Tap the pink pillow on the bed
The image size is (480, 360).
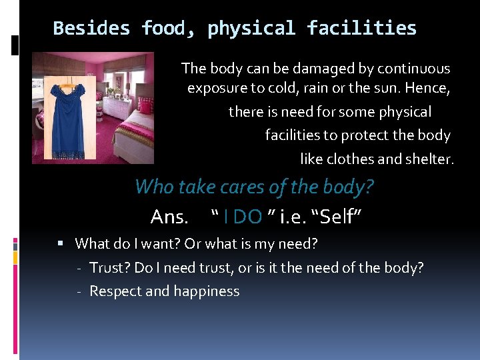[144, 106]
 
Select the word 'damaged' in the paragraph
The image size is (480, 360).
[309, 69]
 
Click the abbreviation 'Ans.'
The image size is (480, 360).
[169, 217]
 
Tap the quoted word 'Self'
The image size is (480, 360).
[345, 217]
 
